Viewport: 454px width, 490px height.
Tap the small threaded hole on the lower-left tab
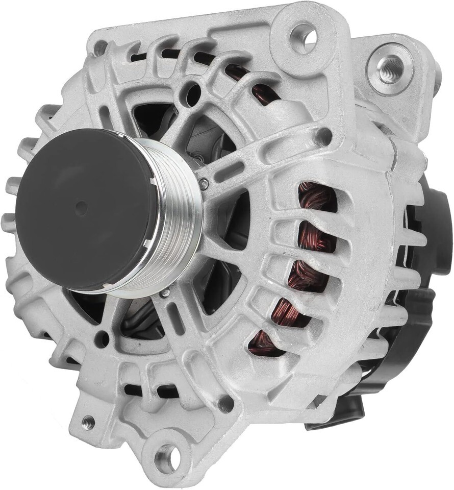[x=88, y=422]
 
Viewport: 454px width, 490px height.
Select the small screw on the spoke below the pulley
[x=165, y=292]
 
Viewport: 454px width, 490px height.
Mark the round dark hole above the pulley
[x=193, y=94]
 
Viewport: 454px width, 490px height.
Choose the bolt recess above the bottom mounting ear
[x=225, y=403]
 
